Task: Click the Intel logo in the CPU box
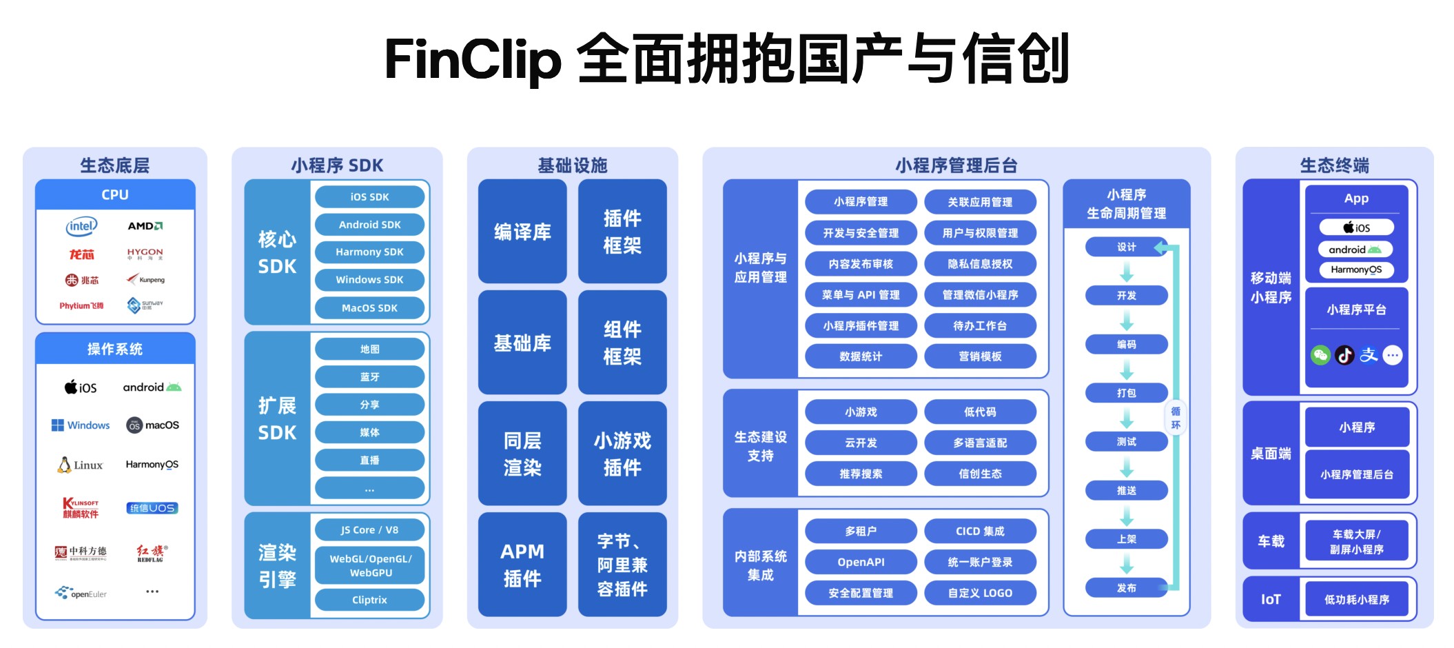click(x=81, y=226)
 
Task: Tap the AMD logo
click(x=145, y=226)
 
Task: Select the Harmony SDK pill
click(x=369, y=252)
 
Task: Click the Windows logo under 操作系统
click(x=81, y=425)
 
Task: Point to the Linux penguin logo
click(x=64, y=465)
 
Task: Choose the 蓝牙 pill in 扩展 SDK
click(x=369, y=377)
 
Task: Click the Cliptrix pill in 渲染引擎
click(x=369, y=600)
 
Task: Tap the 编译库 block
click(x=522, y=232)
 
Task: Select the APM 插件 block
click(x=522, y=565)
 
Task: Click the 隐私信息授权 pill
click(x=980, y=264)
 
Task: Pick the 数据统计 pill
click(x=861, y=356)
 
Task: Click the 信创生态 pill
click(x=980, y=474)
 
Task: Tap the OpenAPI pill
click(x=861, y=562)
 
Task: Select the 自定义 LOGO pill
click(x=980, y=593)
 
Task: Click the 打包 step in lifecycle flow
click(x=1126, y=393)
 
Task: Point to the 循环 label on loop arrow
click(x=1176, y=418)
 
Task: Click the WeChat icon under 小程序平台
click(x=1320, y=355)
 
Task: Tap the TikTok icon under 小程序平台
click(x=1344, y=355)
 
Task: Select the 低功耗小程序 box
click(x=1356, y=600)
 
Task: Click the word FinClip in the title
click(x=473, y=59)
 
